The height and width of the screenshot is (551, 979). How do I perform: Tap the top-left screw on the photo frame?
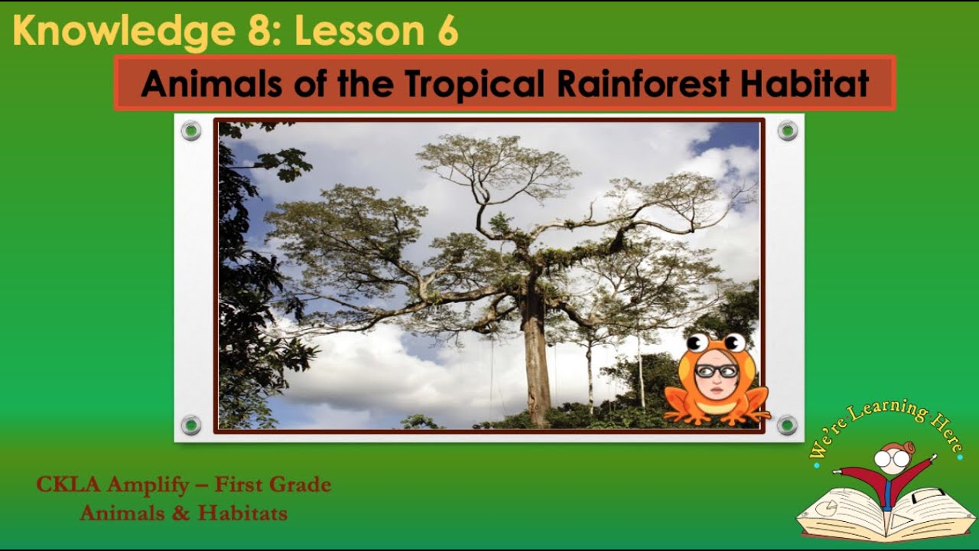[x=191, y=131]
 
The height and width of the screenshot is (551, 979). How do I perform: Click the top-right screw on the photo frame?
[x=787, y=131]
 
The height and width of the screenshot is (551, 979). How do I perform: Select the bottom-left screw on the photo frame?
[x=191, y=425]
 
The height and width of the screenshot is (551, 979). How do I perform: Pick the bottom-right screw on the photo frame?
[x=787, y=425]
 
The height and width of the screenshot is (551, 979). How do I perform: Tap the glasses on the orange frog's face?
[x=717, y=371]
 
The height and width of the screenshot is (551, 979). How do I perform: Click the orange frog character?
[x=716, y=383]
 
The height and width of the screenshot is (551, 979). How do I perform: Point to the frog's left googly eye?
[x=697, y=342]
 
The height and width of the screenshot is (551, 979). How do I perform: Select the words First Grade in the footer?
[x=273, y=484]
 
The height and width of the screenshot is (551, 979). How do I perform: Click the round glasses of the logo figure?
[x=893, y=458]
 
